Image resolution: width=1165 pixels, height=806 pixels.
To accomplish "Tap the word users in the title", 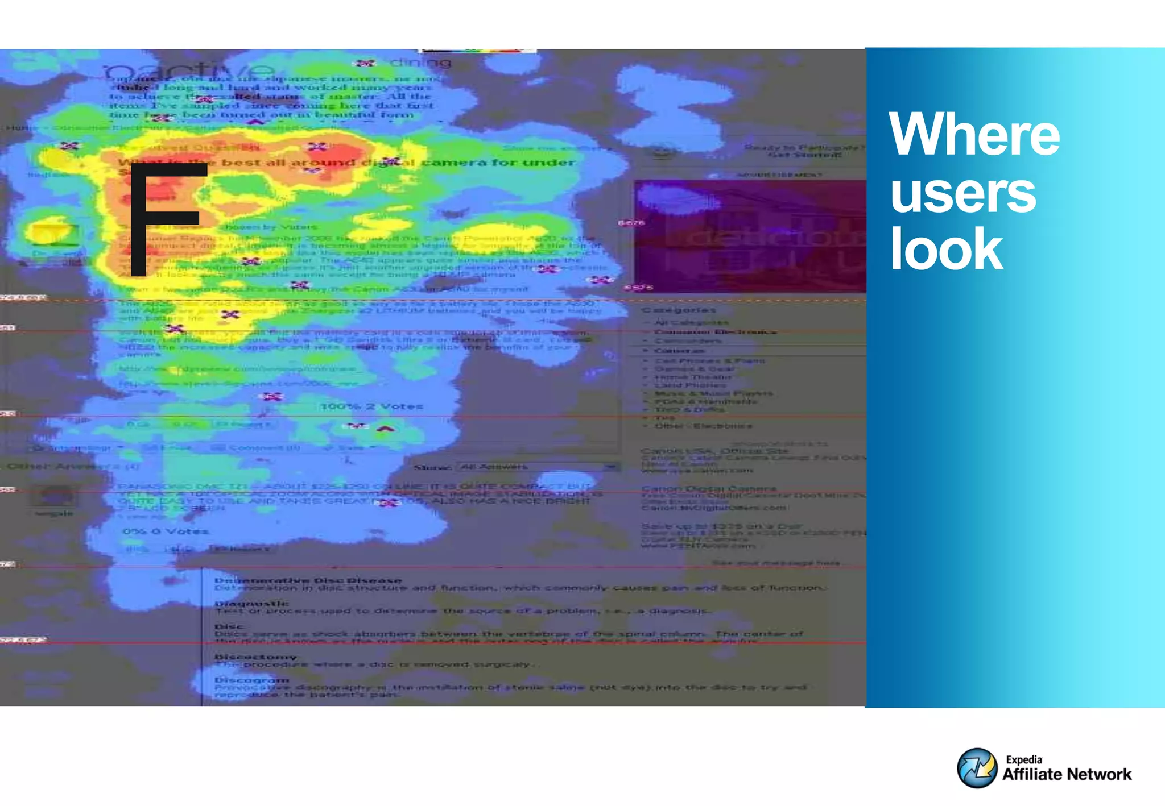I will click(x=962, y=193).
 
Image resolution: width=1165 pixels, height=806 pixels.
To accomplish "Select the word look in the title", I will click(x=946, y=249).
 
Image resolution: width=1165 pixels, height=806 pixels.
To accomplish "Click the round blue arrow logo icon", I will click(x=977, y=768).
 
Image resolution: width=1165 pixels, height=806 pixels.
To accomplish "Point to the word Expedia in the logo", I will click(x=1023, y=759).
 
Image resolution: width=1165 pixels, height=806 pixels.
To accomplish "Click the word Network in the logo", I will click(x=1099, y=775).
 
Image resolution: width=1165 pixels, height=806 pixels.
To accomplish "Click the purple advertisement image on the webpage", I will click(x=750, y=236).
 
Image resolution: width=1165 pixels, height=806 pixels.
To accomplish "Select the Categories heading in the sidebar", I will click(x=679, y=310).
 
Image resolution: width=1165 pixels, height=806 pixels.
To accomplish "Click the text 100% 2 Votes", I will click(x=371, y=406).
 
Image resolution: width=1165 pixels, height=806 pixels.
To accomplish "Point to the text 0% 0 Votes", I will click(x=166, y=531).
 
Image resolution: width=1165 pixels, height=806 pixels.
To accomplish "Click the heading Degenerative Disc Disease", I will click(x=308, y=580).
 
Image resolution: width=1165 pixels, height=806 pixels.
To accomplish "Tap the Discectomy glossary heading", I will click(x=255, y=657).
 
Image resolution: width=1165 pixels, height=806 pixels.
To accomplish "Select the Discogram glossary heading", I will click(x=251, y=680).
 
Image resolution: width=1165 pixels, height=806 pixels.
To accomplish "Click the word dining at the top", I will click(x=420, y=63).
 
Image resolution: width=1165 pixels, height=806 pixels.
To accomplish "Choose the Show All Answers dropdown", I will click(x=538, y=467).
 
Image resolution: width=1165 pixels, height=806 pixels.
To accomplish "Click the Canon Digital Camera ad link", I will click(x=709, y=489).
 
